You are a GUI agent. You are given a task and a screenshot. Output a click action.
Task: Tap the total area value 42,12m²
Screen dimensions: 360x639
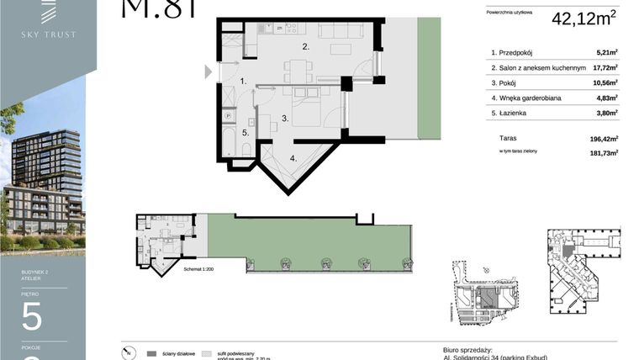584,18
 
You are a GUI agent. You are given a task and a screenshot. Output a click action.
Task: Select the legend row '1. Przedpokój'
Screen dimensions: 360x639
517,52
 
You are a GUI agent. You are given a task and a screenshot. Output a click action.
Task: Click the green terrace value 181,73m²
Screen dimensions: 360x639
604,152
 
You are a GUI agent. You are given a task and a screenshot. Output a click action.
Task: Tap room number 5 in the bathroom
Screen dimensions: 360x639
246,132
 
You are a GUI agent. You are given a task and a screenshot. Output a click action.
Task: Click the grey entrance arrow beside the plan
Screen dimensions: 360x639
209,72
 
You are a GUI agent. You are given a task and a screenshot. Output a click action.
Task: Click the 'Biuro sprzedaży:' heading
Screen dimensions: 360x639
467,349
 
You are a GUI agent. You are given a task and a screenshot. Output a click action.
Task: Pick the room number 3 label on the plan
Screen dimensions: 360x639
285,119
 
